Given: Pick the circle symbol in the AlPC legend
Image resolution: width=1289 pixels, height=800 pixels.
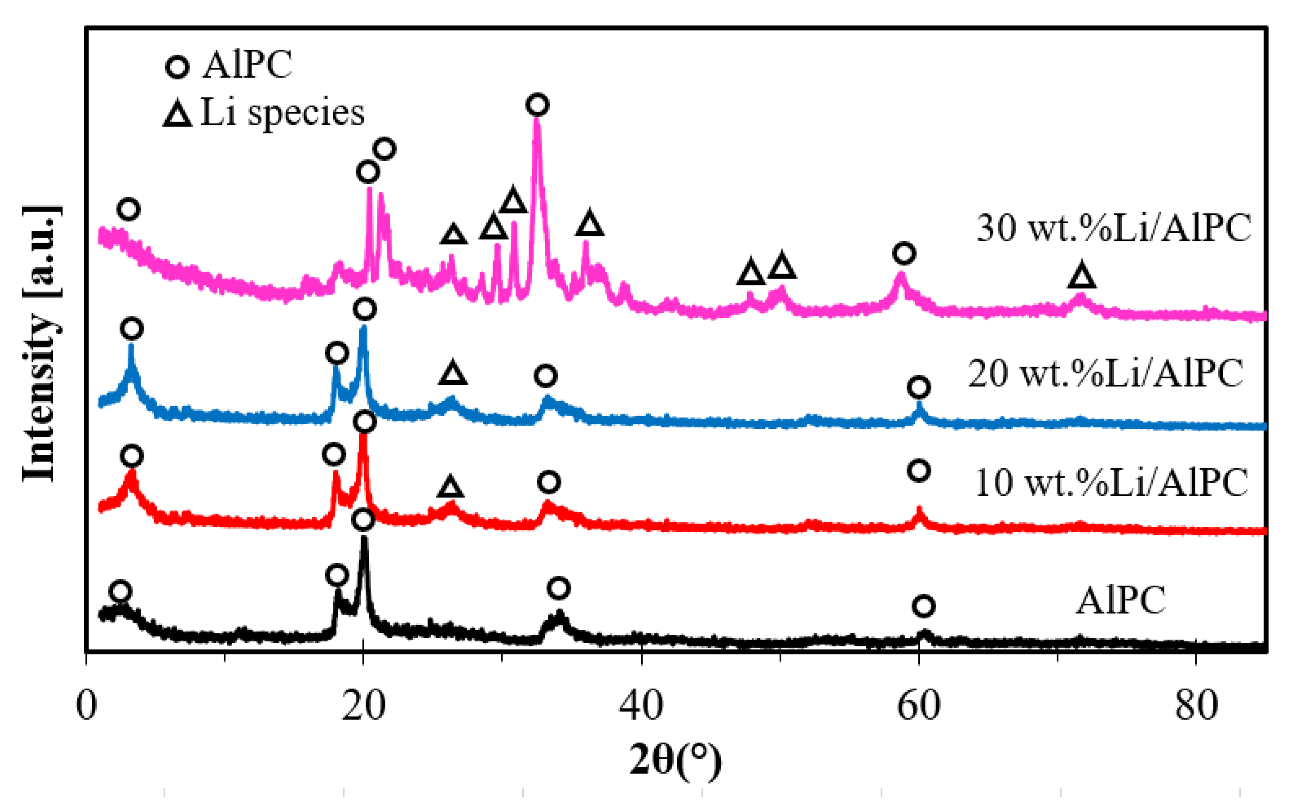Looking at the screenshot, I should [x=178, y=68].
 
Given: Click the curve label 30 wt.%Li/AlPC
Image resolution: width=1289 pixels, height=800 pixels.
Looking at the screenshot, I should [x=1113, y=229].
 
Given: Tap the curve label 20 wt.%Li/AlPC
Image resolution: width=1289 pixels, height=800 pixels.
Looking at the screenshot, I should [x=1106, y=373].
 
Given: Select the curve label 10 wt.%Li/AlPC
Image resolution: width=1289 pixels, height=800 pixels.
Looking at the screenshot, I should [x=1111, y=483].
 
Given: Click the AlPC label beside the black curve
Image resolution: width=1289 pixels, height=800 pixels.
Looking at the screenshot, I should [x=1120, y=601].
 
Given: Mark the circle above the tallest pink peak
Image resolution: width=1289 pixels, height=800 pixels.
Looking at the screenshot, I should [x=537, y=105].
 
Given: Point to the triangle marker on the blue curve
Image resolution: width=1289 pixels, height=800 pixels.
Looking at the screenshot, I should [x=453, y=373].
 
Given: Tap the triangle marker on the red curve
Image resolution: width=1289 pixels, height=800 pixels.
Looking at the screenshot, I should [x=450, y=486].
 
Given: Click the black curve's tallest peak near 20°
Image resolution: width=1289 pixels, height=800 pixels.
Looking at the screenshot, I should [x=363, y=540].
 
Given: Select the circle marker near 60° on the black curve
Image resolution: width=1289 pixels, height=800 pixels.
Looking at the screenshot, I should [x=923, y=606].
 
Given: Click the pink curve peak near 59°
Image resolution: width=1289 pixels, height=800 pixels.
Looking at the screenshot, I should [x=901, y=275].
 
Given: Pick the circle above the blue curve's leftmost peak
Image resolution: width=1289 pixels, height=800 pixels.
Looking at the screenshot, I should [x=132, y=329].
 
